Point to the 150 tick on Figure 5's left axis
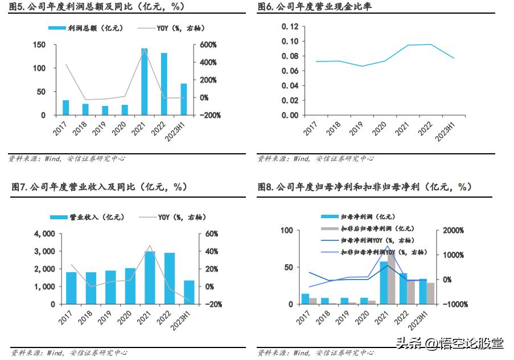(x=39, y=44)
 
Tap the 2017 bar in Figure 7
(x=71, y=288)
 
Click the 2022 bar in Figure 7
(x=170, y=279)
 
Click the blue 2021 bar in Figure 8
(x=384, y=283)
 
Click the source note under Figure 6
(x=316, y=159)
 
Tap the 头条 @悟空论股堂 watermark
(x=450, y=343)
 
